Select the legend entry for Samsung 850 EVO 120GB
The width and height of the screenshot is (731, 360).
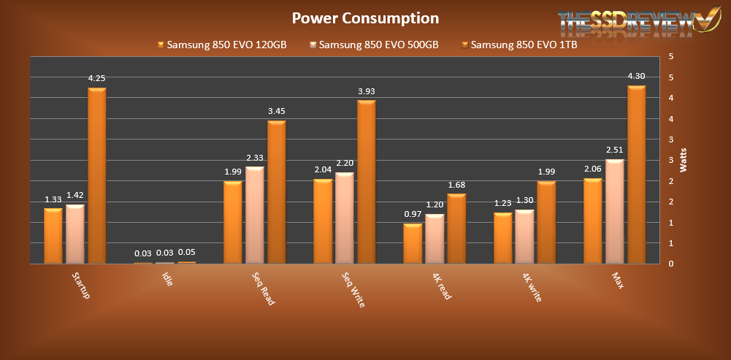click(x=221, y=45)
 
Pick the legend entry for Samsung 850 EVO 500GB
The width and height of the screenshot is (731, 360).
click(x=373, y=45)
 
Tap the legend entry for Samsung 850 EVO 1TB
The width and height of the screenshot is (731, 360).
click(x=518, y=45)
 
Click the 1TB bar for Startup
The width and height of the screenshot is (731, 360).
click(x=97, y=175)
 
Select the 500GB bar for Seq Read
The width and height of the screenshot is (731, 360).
click(x=255, y=215)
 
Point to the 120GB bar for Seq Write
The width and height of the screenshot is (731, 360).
click(x=323, y=221)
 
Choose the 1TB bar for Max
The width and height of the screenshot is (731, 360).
click(x=637, y=175)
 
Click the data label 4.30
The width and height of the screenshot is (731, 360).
click(x=636, y=76)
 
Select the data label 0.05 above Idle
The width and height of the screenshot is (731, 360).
click(x=187, y=253)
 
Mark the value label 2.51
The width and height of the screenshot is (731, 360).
click(x=614, y=150)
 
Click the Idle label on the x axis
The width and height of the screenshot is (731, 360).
click(x=167, y=279)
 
